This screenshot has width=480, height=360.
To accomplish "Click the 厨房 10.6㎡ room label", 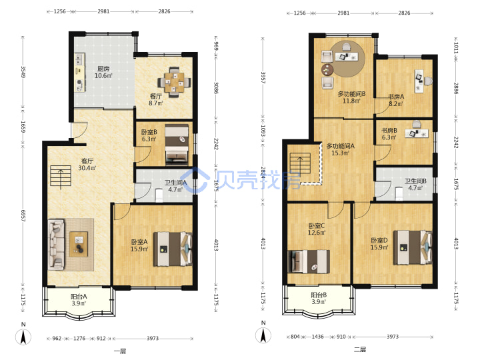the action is click(x=103, y=72).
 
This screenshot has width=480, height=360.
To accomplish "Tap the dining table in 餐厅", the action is click(x=174, y=82).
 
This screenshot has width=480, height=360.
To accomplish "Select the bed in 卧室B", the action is click(x=177, y=143).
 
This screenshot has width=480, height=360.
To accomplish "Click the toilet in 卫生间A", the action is click(x=159, y=195).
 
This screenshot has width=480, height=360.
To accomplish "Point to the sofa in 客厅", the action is click(x=56, y=244).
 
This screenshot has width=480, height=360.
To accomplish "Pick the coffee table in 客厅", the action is click(x=79, y=244).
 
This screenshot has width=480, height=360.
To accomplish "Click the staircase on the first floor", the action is click(x=61, y=177).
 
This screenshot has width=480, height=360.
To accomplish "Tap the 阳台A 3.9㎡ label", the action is click(x=79, y=300).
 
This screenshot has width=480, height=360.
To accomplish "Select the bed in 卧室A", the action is click(x=173, y=249).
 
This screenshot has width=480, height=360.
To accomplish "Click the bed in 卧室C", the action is click(x=309, y=261).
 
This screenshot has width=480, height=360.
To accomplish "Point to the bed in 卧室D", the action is click(x=413, y=247).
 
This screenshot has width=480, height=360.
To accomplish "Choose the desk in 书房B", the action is click(x=417, y=133).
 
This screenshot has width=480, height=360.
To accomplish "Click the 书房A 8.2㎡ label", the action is click(x=396, y=100).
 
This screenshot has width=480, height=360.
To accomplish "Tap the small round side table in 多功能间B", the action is click(x=327, y=70).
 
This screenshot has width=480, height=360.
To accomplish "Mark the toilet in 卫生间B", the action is click(x=399, y=193).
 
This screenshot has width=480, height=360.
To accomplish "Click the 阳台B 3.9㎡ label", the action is click(x=319, y=298).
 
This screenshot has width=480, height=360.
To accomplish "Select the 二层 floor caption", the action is click(x=360, y=349).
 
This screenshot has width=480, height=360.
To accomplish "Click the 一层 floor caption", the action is click(x=120, y=351).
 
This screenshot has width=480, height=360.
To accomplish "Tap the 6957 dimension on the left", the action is click(x=23, y=215).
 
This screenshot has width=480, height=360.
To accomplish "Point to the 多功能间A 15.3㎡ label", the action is click(x=341, y=149).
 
